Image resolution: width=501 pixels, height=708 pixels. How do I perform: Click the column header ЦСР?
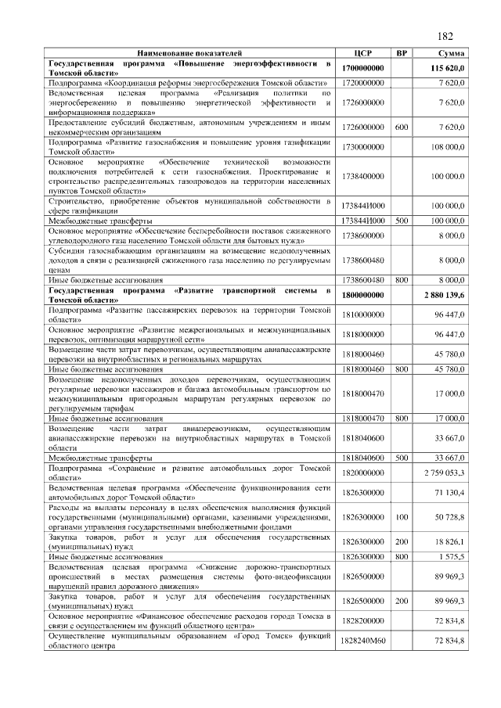[362, 52]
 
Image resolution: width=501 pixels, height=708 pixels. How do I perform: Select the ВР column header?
[401, 52]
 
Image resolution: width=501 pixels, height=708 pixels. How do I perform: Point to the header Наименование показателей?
[192, 52]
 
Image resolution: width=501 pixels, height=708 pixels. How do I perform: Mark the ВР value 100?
[401, 517]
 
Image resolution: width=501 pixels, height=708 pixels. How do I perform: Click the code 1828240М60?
[363, 640]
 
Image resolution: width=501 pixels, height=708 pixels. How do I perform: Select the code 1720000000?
[363, 81]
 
